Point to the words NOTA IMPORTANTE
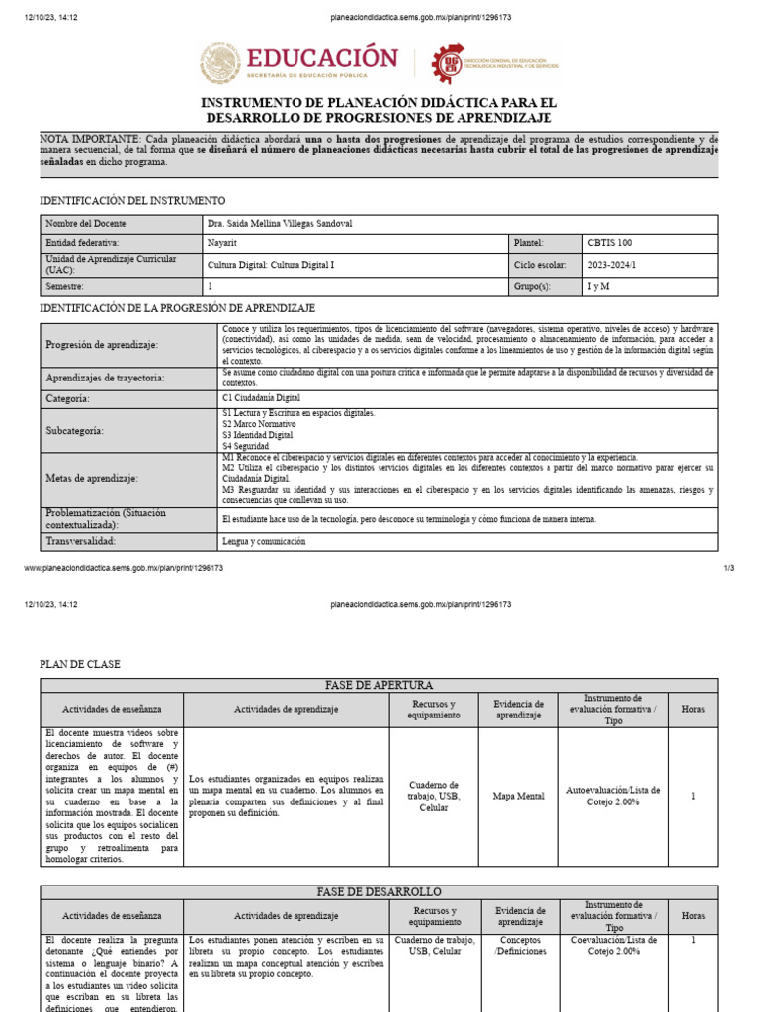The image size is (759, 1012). click(x=90, y=139)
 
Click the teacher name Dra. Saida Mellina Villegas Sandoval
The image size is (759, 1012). click(x=280, y=223)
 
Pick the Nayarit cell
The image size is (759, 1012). click(x=222, y=242)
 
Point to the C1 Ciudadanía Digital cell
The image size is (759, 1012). click(x=262, y=398)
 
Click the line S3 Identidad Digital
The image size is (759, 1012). click(x=258, y=435)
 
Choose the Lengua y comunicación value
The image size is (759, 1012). click(x=264, y=542)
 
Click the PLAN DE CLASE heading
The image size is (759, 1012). click(x=79, y=664)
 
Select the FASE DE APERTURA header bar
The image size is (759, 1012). click(x=379, y=685)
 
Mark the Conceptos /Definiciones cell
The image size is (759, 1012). click(x=518, y=946)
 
